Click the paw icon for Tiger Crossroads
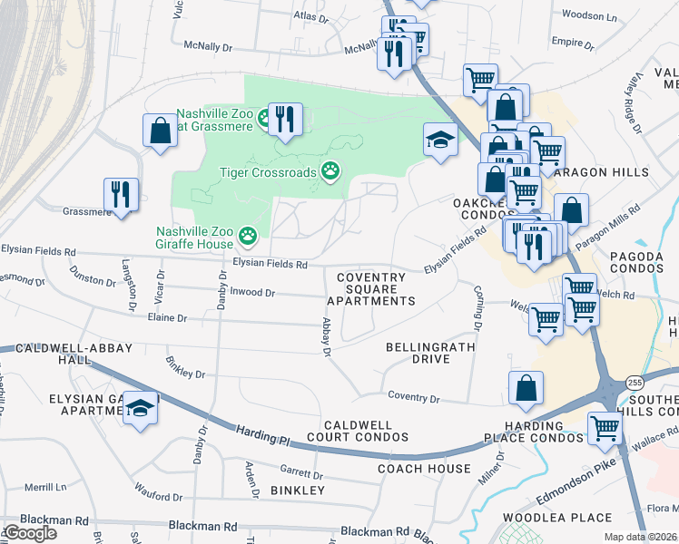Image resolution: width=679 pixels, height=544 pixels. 331,170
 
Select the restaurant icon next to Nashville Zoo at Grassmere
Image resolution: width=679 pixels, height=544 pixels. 286,119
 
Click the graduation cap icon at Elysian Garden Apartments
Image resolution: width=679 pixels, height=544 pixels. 141,409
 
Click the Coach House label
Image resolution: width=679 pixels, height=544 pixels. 424,468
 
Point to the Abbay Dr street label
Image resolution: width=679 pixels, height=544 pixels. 327,335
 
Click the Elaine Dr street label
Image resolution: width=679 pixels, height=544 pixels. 168,318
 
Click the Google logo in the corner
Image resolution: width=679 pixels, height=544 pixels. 29,533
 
